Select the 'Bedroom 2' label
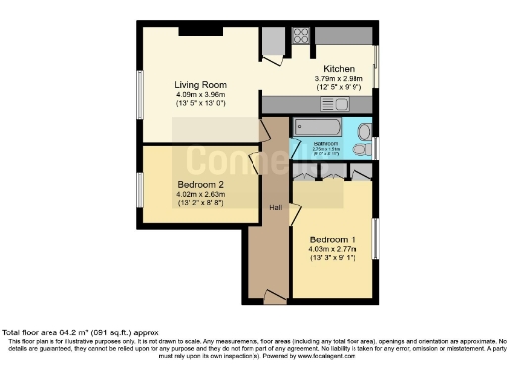(201, 185)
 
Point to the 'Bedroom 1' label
(332, 240)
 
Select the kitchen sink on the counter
(334, 103)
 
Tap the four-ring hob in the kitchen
(301, 37)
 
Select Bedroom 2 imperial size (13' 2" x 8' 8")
(200, 204)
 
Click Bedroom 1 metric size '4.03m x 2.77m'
(332, 251)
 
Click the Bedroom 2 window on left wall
(141, 188)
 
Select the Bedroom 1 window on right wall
(376, 241)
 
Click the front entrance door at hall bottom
(272, 295)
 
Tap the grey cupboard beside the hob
(273, 42)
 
